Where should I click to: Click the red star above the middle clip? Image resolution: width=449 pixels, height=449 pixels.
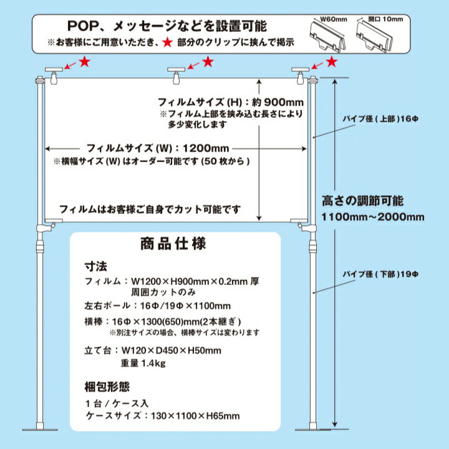click(208, 62)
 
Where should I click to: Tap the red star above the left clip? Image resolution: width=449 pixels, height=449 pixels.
click(85, 62)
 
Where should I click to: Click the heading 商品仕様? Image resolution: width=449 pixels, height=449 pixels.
click(175, 243)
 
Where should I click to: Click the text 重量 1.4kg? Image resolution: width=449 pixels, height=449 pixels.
click(143, 364)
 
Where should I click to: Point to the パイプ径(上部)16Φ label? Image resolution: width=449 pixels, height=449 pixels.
click(373, 117)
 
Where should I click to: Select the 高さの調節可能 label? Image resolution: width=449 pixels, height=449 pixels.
click(362, 201)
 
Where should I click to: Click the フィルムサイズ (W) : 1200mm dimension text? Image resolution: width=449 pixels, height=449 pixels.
click(158, 148)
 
